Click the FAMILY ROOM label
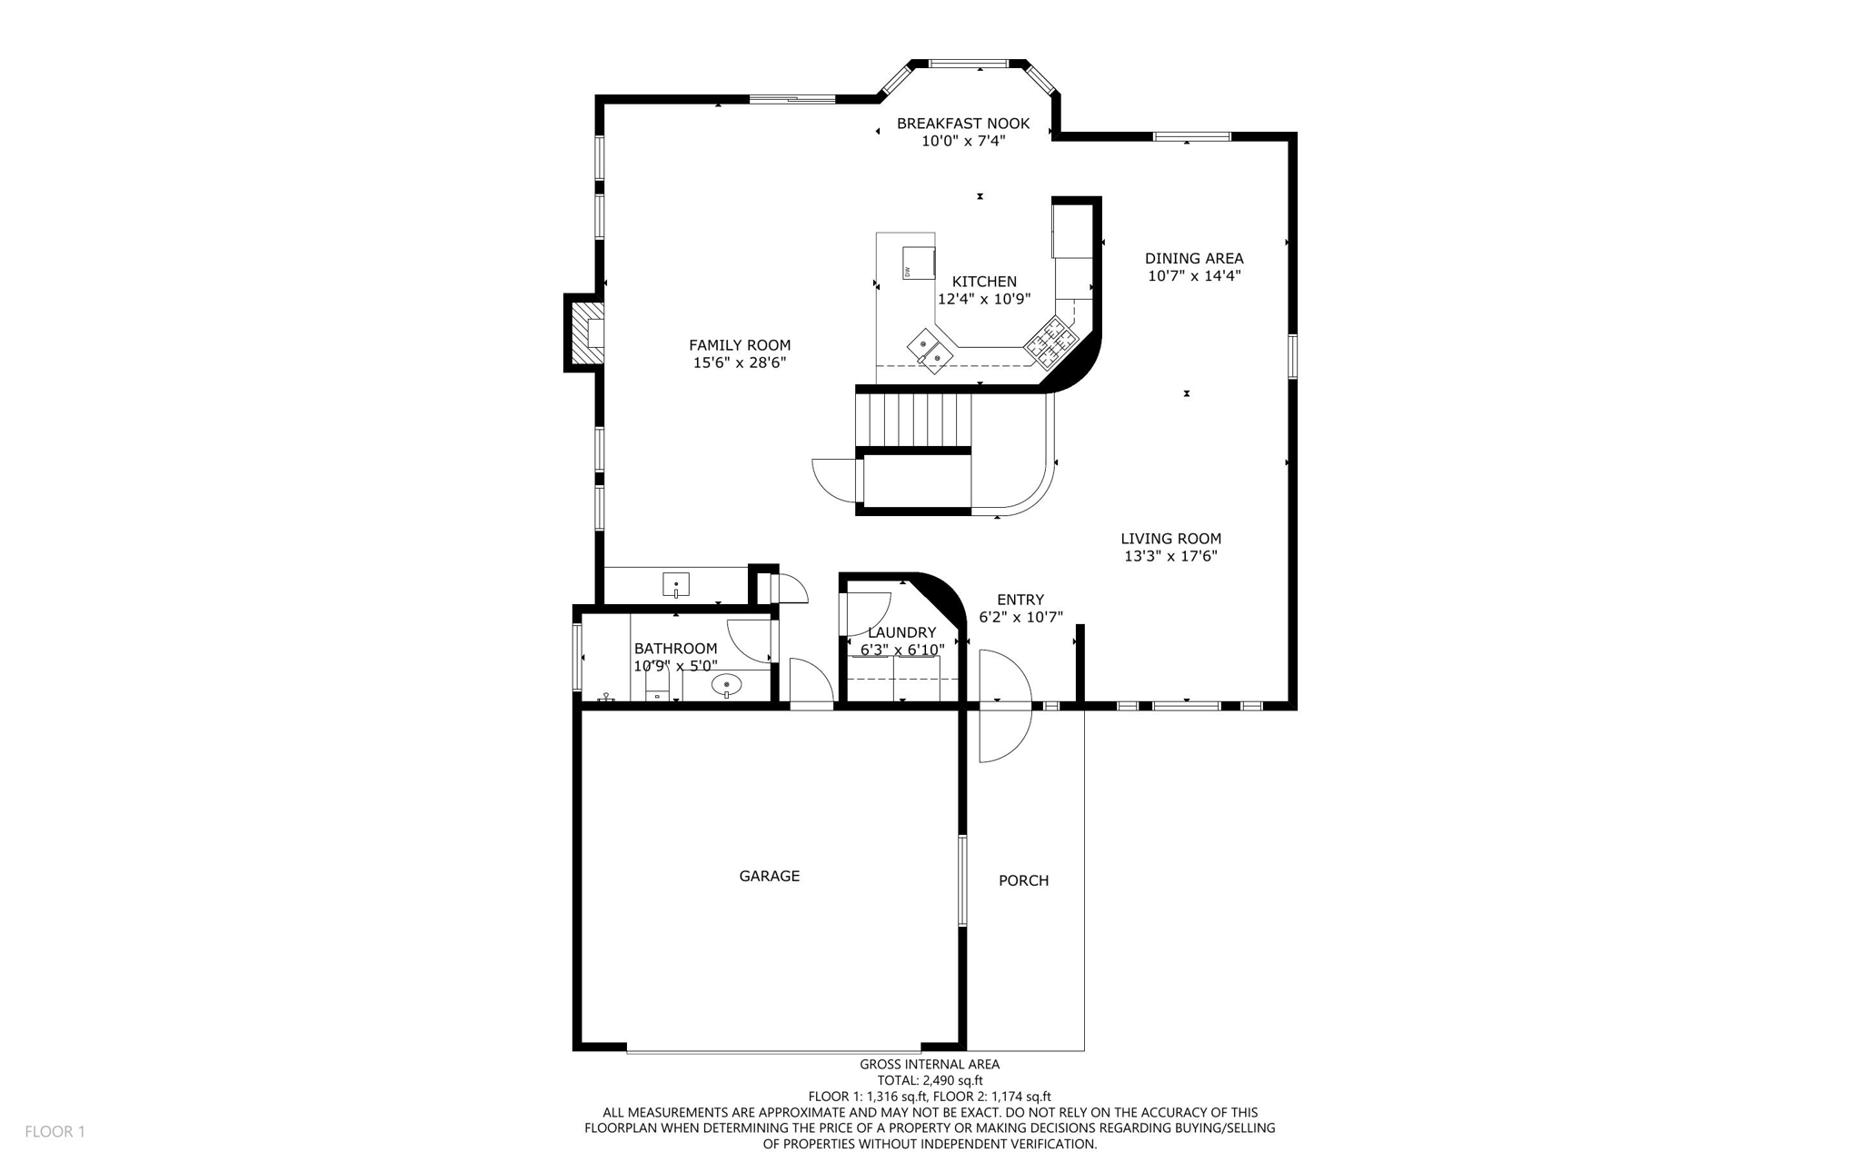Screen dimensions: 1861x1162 740,345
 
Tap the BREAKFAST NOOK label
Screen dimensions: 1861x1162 963,124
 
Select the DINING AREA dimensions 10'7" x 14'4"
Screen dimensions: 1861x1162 1194,276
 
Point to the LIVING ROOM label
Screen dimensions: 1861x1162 1170,539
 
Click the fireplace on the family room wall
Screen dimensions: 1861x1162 586,333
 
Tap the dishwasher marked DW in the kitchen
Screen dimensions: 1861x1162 919,263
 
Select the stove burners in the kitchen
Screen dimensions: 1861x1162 1050,341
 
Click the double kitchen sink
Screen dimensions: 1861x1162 930,351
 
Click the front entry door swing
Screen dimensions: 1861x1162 1005,706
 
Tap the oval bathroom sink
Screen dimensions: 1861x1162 726,685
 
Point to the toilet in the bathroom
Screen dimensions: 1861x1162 657,686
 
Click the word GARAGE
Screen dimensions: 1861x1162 770,877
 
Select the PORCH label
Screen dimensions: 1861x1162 1024,881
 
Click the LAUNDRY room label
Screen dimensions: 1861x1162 901,633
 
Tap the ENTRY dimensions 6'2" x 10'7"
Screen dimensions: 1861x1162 1020,618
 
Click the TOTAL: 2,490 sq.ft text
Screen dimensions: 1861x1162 930,1081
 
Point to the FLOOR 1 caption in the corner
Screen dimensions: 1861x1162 55,1132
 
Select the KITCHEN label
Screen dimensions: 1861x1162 984,282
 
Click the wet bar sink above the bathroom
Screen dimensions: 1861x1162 676,585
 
